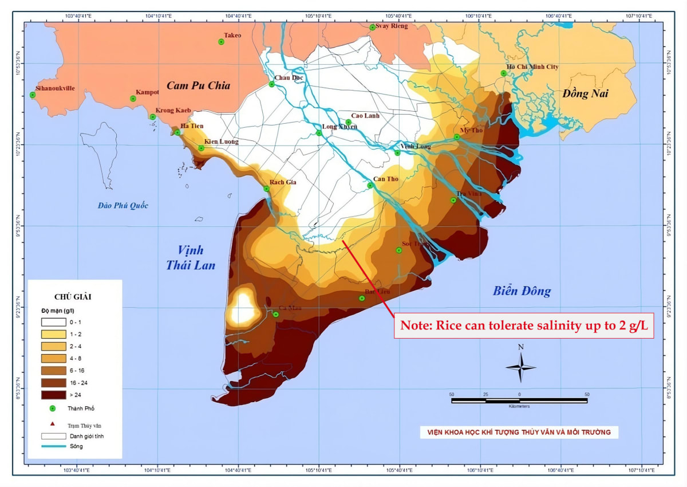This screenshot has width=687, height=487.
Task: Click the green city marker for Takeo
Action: pyautogui.click(x=221, y=42)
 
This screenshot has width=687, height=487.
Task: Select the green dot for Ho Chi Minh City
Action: pyautogui.click(x=504, y=73)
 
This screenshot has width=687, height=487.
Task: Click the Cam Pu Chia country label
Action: pyautogui.click(x=198, y=85)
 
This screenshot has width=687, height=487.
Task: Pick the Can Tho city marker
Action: pyautogui.click(x=370, y=185)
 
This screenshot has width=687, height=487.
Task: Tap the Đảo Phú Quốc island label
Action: pyautogui.click(x=123, y=206)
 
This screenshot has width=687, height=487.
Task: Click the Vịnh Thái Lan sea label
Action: pyautogui.click(x=190, y=258)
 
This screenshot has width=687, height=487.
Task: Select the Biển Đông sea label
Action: pyautogui.click(x=522, y=291)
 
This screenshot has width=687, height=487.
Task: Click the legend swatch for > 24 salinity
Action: pyautogui.click(x=53, y=395)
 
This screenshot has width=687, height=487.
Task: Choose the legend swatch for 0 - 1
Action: pyautogui.click(x=53, y=322)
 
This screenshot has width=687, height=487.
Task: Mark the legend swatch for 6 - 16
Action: pyautogui.click(x=53, y=370)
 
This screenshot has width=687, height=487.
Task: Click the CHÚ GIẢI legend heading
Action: pyautogui.click(x=73, y=297)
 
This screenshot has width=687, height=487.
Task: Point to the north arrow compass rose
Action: pyautogui.click(x=520, y=367)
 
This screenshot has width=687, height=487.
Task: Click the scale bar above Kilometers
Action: pyautogui.click(x=519, y=400)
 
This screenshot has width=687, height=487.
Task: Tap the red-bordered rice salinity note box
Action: pyautogui.click(x=523, y=325)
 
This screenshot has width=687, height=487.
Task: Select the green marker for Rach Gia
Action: pyautogui.click(x=266, y=188)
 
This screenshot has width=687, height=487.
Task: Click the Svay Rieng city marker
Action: pyautogui.click(x=372, y=27)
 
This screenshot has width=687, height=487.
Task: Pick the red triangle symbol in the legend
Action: pyautogui.click(x=52, y=424)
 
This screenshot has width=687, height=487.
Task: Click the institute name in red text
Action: pyautogui.click(x=515, y=432)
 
